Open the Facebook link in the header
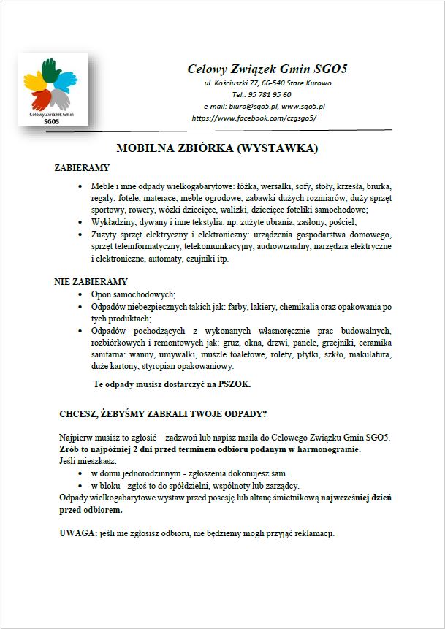pos(254,117)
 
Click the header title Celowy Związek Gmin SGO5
pos(267,69)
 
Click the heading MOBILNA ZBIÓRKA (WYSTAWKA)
pos(227,148)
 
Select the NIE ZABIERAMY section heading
pos(91,281)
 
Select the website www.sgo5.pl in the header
pos(303,106)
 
